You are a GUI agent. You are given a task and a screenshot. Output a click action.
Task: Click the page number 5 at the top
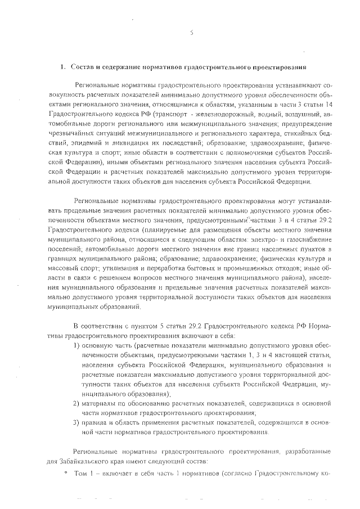tap(191, 32)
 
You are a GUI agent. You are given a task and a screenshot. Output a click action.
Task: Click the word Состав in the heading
tap(82, 67)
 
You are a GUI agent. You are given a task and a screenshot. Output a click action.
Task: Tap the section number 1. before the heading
tap(64, 67)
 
